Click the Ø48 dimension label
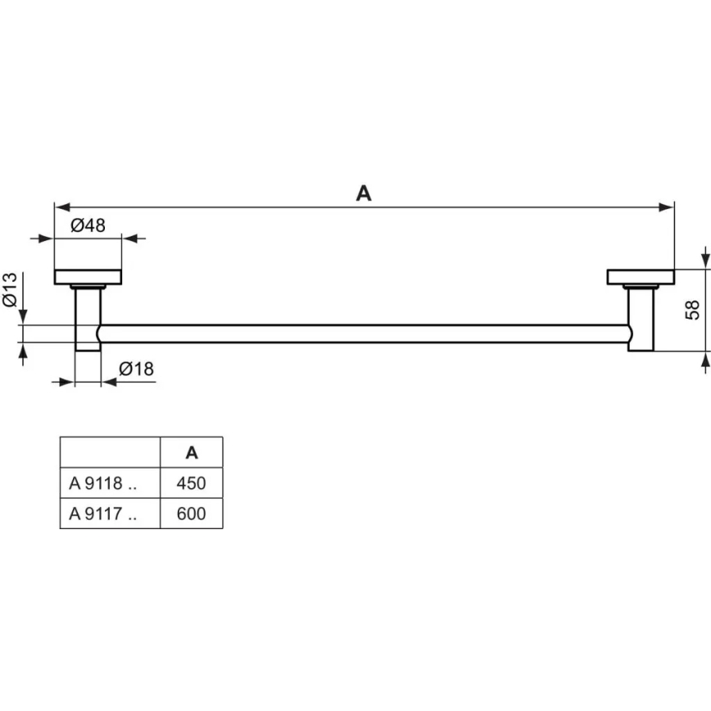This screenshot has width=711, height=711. coord(88,225)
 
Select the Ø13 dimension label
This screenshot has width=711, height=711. coord(11,290)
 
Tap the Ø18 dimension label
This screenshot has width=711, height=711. coord(136,369)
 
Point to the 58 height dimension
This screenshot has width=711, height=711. coord(692,310)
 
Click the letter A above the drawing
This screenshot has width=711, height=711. coord(364,193)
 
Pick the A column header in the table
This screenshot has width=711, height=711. coord(191,452)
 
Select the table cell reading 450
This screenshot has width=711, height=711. coord(191,483)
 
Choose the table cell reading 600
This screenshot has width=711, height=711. coord(191,514)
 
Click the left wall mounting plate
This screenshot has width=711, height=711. coord(88,277)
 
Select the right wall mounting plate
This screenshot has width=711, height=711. coord(640,277)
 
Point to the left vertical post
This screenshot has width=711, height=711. coord(88,319)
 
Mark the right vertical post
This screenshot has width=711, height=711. coord(641,319)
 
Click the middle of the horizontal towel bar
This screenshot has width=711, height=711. coord(365,333)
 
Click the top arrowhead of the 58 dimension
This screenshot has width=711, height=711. coord(704,261)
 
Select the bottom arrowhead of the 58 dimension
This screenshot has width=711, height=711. coord(704,358)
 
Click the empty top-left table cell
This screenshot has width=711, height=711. coord(110,452)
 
